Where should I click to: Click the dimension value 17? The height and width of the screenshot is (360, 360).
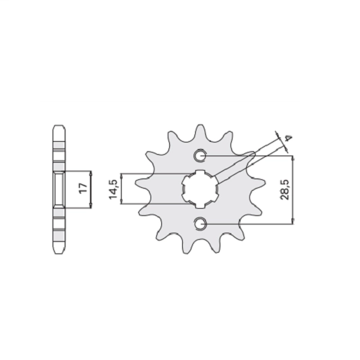point(83,189)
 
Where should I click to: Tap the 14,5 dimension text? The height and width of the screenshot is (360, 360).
point(113,189)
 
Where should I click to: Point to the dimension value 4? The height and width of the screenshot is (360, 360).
point(289,138)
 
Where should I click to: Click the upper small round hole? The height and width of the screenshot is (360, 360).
point(199,156)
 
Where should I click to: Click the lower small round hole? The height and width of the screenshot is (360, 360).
point(199,224)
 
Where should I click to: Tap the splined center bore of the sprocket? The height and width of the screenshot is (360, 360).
point(200,189)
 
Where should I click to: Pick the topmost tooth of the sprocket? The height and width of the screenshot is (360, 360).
point(200,132)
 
